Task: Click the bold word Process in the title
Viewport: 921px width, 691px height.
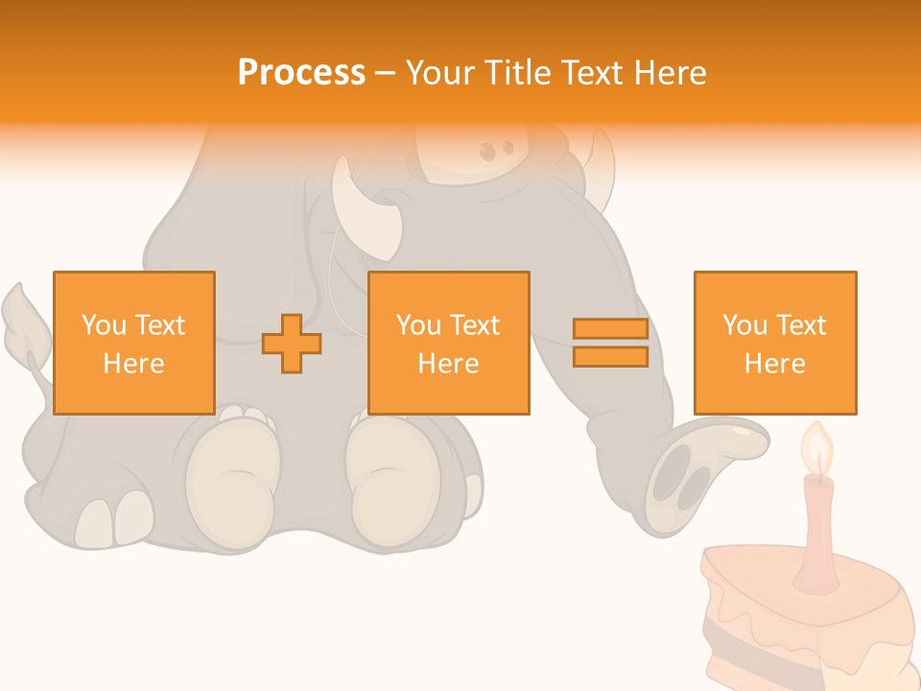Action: [301, 73]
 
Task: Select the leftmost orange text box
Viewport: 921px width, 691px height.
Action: [133, 343]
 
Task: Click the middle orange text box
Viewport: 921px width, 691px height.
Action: [448, 343]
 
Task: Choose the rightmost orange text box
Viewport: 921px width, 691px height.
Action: [774, 343]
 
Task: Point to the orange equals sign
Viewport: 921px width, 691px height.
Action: [610, 344]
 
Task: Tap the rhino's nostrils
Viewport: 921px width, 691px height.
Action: [496, 151]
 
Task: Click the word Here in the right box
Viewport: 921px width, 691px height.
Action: [774, 364]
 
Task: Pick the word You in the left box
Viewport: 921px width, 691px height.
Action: [103, 325]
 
